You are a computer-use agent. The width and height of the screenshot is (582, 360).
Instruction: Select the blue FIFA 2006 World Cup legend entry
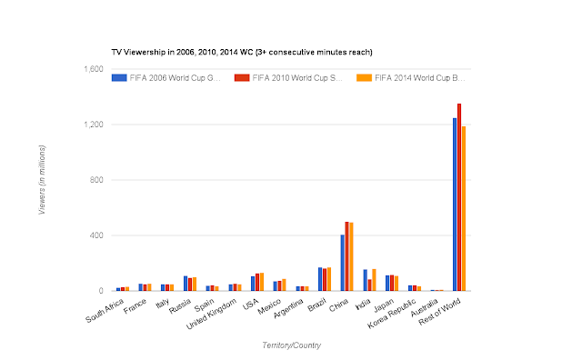[x=173, y=78]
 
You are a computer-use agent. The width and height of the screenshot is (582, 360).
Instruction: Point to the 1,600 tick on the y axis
[x=92, y=69]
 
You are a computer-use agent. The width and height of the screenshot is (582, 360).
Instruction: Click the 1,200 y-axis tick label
[x=92, y=125]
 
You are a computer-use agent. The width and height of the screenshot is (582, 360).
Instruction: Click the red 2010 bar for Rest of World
[x=459, y=197]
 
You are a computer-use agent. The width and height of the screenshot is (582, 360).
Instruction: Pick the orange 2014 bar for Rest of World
[x=464, y=208]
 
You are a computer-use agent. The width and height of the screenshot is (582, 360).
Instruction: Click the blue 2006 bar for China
[x=342, y=263]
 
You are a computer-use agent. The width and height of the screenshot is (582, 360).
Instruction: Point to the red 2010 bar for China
[x=346, y=256]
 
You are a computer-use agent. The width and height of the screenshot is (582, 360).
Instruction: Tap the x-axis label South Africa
[x=105, y=312]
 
